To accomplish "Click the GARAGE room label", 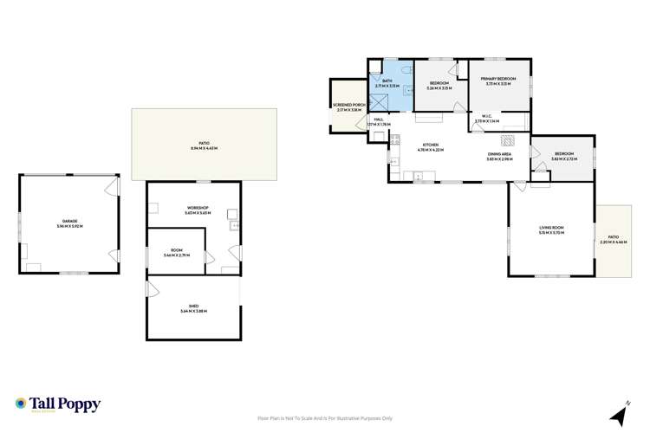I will [68, 223].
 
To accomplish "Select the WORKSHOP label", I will [198, 208].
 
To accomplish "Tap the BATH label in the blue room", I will [387, 81].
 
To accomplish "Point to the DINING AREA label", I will [501, 154].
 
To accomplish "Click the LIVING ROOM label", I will [551, 229].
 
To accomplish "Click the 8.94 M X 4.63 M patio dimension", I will [204, 149].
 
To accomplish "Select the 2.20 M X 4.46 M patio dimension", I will [614, 242].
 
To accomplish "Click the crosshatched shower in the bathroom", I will [379, 102].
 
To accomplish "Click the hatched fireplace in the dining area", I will [509, 140].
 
